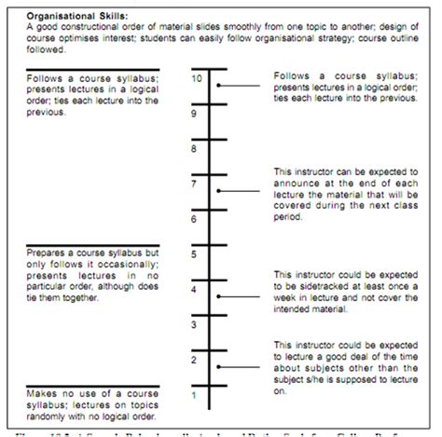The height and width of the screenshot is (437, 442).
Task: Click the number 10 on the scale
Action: [x=195, y=79]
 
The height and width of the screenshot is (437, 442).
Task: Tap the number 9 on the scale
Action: [x=193, y=115]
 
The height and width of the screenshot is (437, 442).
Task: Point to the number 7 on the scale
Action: [x=193, y=184]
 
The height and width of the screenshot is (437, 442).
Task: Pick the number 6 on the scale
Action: [x=193, y=220]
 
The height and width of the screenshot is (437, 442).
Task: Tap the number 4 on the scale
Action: [x=193, y=290]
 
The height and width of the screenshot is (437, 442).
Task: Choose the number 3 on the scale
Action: [x=193, y=325]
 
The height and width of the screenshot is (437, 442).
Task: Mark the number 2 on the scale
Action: [x=193, y=360]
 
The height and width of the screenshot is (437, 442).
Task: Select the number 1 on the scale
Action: [x=193, y=395]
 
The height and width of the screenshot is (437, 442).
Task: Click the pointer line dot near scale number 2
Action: [x=218, y=366]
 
